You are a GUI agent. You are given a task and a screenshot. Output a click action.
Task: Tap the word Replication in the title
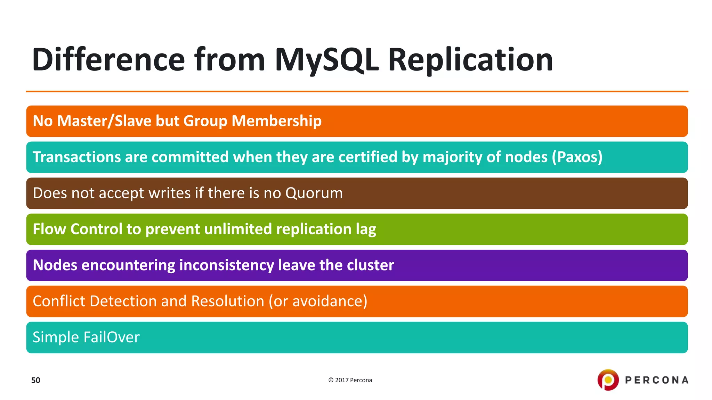click(470, 60)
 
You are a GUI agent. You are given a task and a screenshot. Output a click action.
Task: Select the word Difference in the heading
click(108, 60)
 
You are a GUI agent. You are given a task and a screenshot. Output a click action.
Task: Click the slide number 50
click(35, 380)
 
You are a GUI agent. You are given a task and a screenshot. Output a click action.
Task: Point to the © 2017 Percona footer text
click(350, 380)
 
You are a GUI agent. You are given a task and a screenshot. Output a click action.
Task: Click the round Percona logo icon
click(608, 380)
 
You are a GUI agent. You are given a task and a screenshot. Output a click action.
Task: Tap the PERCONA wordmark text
click(657, 380)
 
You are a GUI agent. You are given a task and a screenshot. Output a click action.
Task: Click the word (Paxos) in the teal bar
click(577, 157)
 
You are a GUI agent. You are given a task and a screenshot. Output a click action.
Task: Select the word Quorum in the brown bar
click(314, 193)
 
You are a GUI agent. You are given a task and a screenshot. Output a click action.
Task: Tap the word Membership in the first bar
click(276, 121)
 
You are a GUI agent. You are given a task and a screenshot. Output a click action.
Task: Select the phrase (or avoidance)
click(318, 301)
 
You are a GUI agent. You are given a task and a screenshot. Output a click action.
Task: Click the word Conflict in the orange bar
click(59, 301)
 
